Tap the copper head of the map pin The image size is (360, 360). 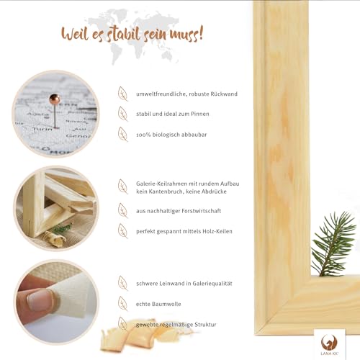pos(55,98)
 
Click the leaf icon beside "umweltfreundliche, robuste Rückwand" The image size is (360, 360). pos(122,93)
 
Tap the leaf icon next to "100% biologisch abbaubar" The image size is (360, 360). pos(122,133)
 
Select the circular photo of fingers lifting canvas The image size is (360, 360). pos(55,297)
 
